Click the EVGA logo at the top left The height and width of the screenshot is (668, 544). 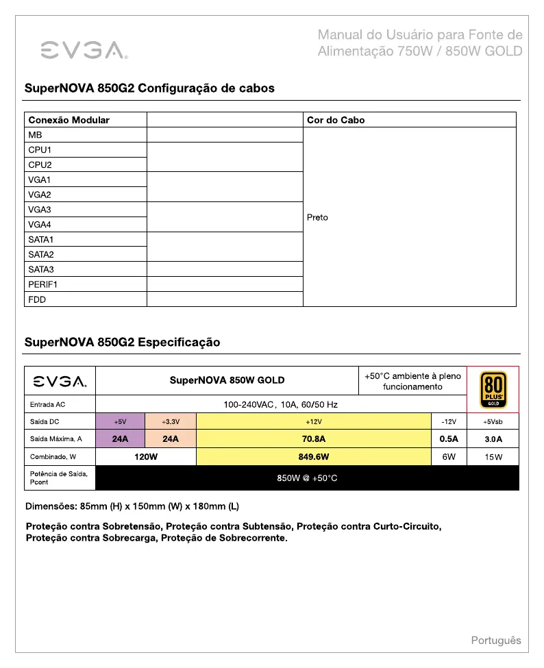coord(82,49)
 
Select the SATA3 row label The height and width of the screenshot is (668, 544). coord(41,269)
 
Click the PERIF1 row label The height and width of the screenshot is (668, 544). coord(43,284)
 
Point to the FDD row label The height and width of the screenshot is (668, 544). coord(37,299)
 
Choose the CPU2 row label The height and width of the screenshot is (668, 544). coord(40,164)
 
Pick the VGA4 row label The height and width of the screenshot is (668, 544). coord(40,225)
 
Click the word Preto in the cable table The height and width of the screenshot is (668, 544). coord(317,217)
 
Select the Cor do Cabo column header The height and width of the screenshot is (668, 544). coord(336,120)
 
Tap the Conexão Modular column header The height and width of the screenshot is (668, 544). coord(69,120)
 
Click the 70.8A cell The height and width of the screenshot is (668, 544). coord(314,439)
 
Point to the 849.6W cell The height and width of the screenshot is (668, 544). coord(314,457)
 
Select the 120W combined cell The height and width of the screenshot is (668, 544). coord(146,457)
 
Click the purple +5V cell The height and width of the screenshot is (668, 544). coord(120,421)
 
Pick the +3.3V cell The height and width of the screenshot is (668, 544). coord(171,421)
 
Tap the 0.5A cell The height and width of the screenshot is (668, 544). coord(449,439)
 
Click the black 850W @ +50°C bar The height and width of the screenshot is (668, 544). coord(307,478)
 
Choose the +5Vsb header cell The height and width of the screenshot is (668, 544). coord(493,421)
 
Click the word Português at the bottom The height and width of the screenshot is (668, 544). coord(495,641)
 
